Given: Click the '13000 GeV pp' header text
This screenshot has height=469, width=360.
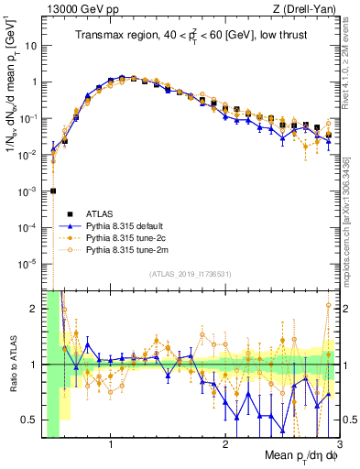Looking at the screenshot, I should click(80, 9).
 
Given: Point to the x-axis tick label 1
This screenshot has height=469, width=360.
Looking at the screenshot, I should click(111, 446).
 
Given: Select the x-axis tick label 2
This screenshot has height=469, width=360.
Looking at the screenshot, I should click(224, 446).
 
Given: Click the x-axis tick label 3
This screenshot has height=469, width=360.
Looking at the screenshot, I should click(337, 446).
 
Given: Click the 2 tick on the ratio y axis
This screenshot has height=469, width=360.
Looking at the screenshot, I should click(36, 309).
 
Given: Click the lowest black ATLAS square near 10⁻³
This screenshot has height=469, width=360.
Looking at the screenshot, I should click(53, 191).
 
